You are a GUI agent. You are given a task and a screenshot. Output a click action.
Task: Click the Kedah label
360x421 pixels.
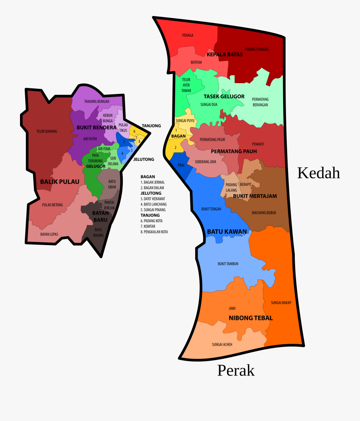point(318,173)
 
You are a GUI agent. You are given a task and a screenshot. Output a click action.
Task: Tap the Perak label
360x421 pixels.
point(236,371)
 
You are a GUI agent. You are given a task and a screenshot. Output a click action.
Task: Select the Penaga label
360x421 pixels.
point(188,35)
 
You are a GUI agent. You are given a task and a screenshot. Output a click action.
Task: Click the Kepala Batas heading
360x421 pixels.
point(224,54)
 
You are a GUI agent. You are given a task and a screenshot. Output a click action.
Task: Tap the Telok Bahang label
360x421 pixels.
point(47,131)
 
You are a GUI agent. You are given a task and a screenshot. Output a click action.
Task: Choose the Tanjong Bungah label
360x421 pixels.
point(96,102)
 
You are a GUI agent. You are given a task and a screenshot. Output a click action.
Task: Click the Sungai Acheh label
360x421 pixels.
point(222,344)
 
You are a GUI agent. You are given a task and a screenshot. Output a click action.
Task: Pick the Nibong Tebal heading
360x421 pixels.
point(250,318)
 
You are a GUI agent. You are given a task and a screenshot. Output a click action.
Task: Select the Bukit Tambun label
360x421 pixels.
point(228,264)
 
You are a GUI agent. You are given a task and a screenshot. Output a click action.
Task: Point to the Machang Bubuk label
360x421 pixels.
point(264,213)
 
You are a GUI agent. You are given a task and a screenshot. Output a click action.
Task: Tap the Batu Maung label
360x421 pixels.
point(99,232)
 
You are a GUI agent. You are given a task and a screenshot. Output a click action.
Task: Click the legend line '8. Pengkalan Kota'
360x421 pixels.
point(154,232)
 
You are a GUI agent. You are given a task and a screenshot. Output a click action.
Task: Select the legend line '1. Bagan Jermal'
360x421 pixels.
point(152,182)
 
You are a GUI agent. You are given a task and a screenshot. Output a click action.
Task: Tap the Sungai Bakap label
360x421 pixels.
point(281,303)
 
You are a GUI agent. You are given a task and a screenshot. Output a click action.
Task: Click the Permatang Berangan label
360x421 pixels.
point(260,102)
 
